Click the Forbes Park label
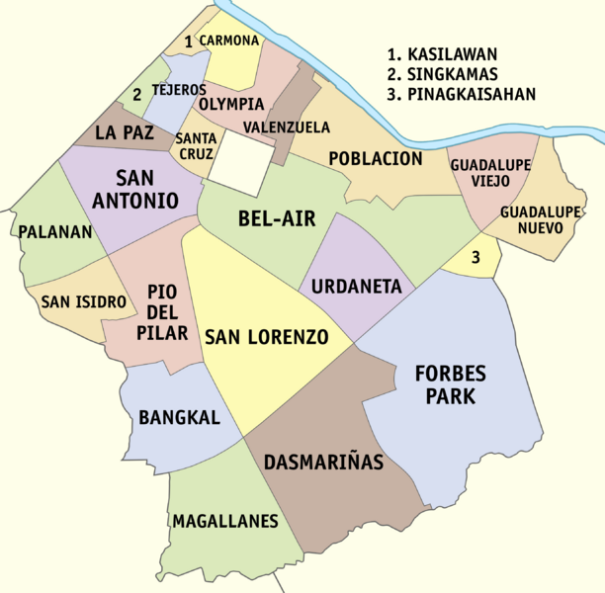click(x=448, y=386)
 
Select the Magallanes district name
click(x=225, y=521)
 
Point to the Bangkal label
click(x=179, y=418)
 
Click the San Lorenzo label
click(x=266, y=337)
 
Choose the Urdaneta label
click(x=356, y=288)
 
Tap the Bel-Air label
click(x=277, y=219)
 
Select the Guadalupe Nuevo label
click(x=531, y=219)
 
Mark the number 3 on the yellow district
click(x=476, y=259)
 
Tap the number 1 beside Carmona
click(x=188, y=42)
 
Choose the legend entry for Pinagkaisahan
click(x=462, y=95)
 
